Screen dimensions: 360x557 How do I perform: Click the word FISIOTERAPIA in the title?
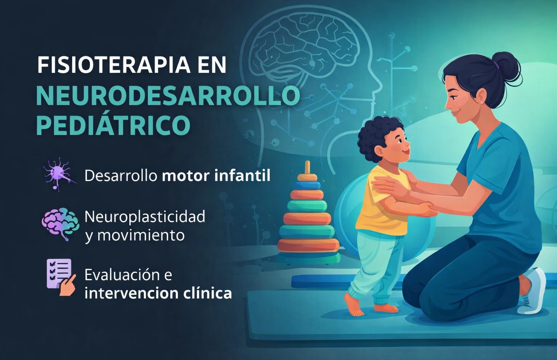click(114, 65)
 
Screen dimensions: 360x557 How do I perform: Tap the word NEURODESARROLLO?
click(168, 96)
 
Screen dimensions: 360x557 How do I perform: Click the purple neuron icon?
click(58, 173)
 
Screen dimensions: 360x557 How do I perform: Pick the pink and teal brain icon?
click(60, 223)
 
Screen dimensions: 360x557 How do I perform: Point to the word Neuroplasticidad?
click(145, 217)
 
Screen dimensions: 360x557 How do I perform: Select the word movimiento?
click(141, 236)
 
